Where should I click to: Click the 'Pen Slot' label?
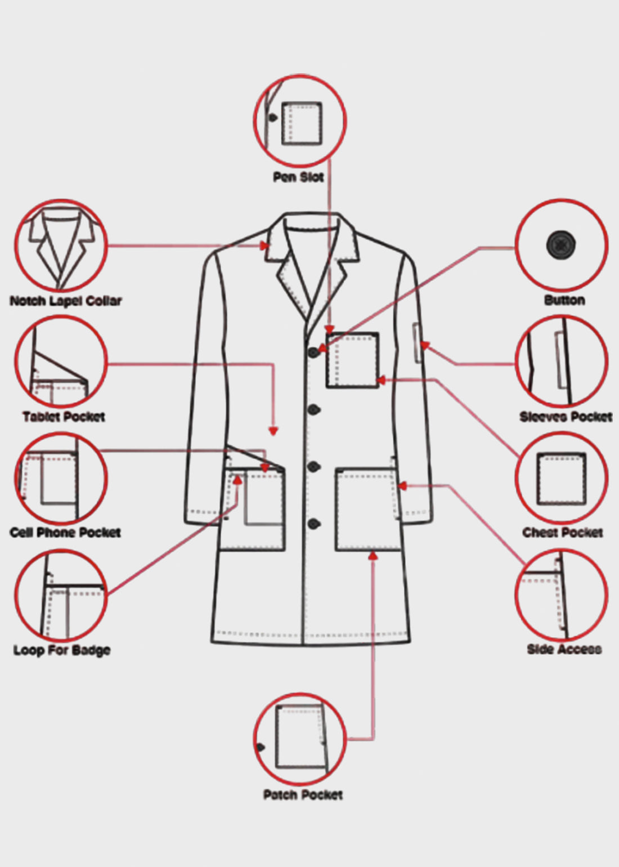pyautogui.click(x=298, y=177)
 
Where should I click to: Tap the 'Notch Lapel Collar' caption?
pyautogui.click(x=66, y=301)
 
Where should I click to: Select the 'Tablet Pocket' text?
pyautogui.click(x=64, y=417)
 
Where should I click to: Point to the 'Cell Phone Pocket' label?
pyautogui.click(x=65, y=533)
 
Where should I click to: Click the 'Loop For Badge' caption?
pyautogui.click(x=62, y=650)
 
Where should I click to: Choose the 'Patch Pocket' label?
pyautogui.click(x=303, y=795)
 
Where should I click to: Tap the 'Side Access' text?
pyautogui.click(x=564, y=649)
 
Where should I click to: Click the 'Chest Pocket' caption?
pyautogui.click(x=563, y=533)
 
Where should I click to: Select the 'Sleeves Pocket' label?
pyautogui.click(x=566, y=417)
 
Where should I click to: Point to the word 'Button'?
pyautogui.click(x=564, y=301)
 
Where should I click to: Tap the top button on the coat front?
pyautogui.click(x=314, y=352)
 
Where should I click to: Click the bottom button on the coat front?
pyautogui.click(x=314, y=524)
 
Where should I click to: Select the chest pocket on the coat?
pyautogui.click(x=352, y=360)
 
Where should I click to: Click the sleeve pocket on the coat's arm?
pyautogui.click(x=417, y=343)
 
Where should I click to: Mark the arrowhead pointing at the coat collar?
pyautogui.click(x=265, y=246)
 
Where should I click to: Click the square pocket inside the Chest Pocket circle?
pyautogui.click(x=562, y=479)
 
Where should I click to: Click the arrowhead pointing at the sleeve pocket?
pyautogui.click(x=425, y=345)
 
